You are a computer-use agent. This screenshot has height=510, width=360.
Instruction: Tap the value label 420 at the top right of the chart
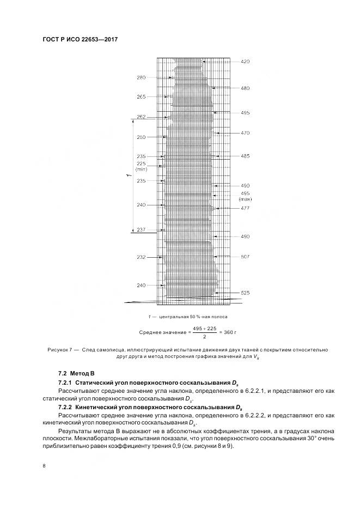245,62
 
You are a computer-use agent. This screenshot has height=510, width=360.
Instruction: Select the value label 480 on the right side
245,88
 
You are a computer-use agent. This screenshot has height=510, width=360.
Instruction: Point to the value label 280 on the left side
141,78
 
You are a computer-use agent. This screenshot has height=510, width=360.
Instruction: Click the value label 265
141,97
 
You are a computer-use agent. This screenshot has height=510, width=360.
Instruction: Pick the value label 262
141,117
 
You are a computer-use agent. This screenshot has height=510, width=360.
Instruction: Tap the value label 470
245,133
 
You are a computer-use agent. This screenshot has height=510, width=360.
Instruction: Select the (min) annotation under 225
141,169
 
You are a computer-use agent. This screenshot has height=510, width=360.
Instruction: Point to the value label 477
245,208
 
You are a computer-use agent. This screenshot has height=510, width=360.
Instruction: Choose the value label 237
141,230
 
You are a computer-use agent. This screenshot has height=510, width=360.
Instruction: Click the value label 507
245,257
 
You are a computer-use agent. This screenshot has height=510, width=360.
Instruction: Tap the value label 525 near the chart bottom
245,293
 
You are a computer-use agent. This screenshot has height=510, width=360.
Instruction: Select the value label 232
141,257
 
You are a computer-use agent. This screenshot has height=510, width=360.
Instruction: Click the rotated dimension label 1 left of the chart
127,175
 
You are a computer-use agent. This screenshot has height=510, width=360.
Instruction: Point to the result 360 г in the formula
231,332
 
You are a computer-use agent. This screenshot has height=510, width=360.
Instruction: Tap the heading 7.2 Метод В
76,374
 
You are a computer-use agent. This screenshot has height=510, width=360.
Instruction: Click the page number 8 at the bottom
44,465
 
